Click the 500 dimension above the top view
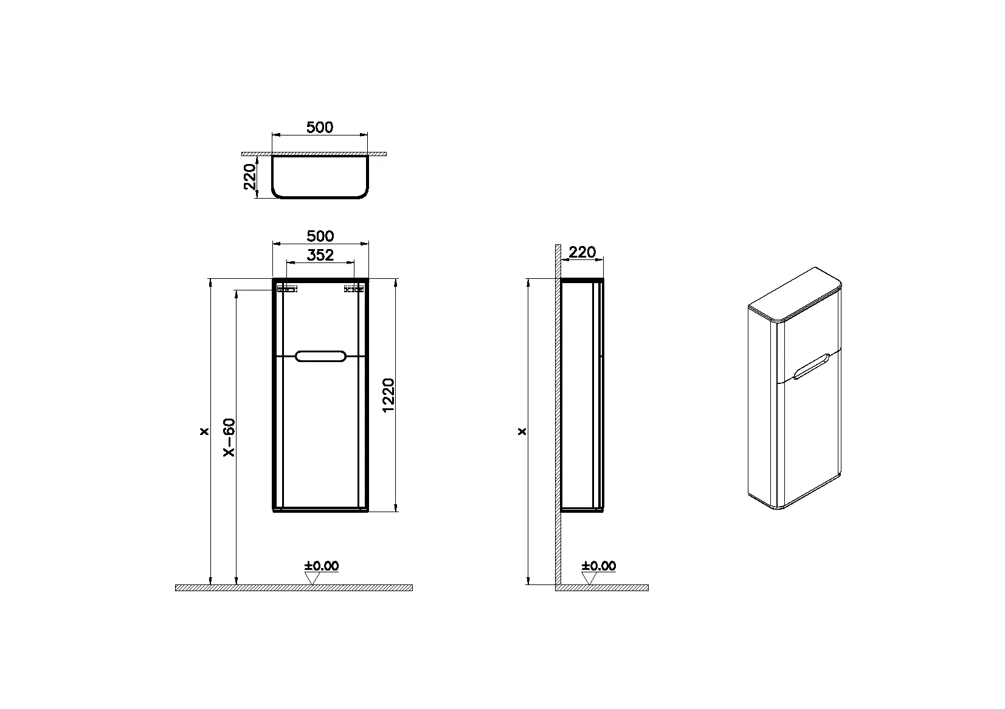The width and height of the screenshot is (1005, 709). click(x=320, y=127)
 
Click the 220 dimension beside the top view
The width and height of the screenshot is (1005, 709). click(x=250, y=177)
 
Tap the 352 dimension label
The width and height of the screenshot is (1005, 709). click(x=320, y=255)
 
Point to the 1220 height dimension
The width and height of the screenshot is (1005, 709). click(x=389, y=396)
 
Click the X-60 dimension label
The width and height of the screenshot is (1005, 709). click(x=229, y=437)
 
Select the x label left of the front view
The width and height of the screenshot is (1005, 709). click(x=204, y=432)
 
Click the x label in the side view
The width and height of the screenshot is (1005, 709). click(x=522, y=432)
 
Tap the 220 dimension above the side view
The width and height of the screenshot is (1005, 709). click(x=582, y=252)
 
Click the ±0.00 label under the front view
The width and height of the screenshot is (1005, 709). click(x=322, y=566)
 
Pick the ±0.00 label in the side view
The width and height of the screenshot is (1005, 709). click(x=599, y=566)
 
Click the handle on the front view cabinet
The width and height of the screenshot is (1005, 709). click(x=320, y=356)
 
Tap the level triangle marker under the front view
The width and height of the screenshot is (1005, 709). click(x=312, y=578)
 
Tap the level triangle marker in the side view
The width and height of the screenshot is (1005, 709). click(x=589, y=578)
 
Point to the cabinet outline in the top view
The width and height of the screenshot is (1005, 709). click(x=320, y=197)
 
